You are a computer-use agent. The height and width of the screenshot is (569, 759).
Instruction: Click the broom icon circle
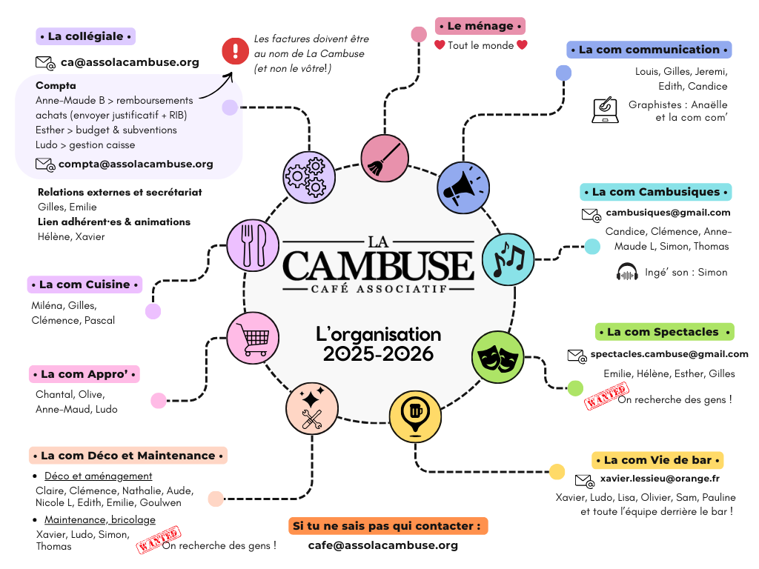[x=385, y=158]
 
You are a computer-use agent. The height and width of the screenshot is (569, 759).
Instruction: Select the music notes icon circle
[x=508, y=259]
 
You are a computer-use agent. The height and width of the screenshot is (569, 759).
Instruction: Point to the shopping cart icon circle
[x=253, y=338]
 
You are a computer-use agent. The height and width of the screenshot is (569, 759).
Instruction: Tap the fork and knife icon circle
[x=253, y=244]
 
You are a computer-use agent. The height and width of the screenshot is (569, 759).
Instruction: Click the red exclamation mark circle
[x=236, y=51]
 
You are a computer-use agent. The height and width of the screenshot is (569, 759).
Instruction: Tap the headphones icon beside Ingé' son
[x=627, y=272]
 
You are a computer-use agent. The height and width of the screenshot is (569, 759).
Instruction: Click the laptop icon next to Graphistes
[x=606, y=110]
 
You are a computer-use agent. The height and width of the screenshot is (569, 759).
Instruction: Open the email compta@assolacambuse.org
[x=136, y=164]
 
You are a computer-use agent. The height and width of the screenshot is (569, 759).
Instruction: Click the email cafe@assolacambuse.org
[x=382, y=545]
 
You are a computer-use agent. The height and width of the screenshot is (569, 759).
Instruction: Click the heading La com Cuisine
[x=84, y=284]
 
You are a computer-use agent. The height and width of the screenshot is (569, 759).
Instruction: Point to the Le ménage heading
[x=480, y=26]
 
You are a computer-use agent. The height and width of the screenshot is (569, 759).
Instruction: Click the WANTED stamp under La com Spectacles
[x=607, y=396]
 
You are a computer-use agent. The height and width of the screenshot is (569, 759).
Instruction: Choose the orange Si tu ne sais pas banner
[x=388, y=526]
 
